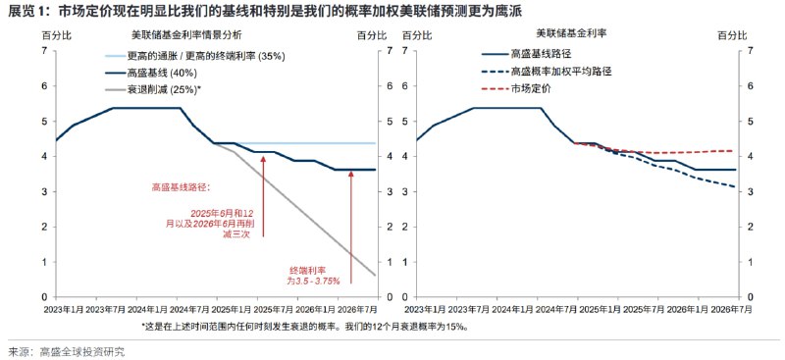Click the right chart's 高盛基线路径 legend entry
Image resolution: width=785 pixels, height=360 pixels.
click(546, 57)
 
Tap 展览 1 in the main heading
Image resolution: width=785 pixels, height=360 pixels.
click(26, 12)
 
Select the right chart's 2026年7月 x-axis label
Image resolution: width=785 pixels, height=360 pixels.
click(731, 311)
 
